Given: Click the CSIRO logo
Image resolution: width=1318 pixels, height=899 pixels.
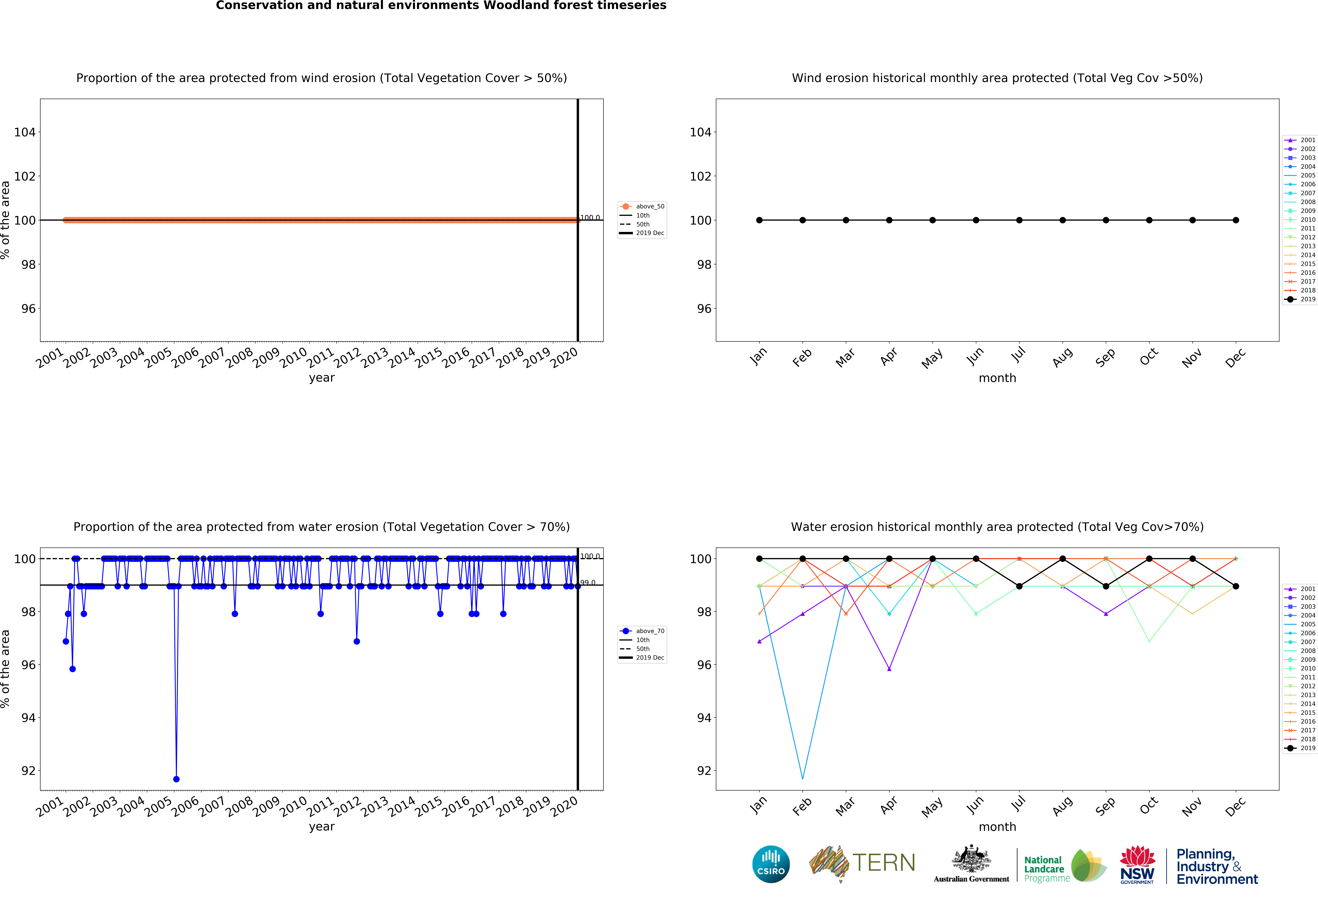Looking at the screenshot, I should (771, 864).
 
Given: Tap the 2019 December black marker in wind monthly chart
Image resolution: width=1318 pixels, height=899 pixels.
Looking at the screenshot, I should (1236, 220).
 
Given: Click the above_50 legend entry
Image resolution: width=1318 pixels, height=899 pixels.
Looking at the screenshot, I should (643, 207).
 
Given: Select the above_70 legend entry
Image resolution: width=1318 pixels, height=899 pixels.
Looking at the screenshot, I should (643, 631).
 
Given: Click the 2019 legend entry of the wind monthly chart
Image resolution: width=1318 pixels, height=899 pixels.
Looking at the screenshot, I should (1300, 299).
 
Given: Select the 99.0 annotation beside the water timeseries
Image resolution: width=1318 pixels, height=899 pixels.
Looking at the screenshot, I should (587, 583).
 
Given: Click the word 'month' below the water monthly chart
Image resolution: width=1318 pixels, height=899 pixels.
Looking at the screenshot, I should (997, 827).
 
